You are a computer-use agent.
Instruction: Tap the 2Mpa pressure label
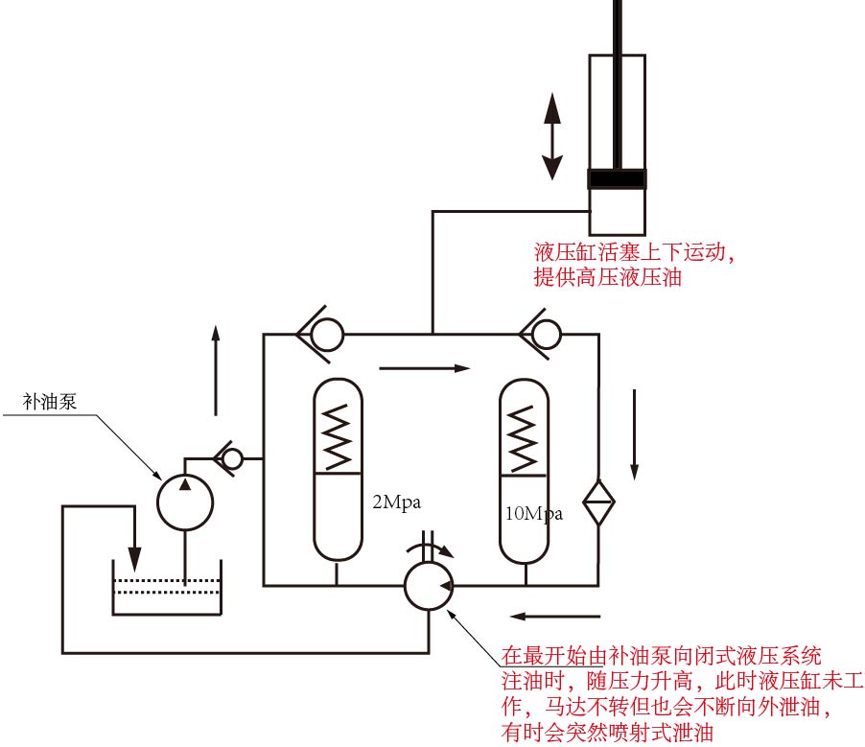[396, 501]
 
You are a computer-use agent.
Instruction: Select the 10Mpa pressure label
[533, 513]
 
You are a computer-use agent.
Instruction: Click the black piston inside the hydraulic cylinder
[617, 178]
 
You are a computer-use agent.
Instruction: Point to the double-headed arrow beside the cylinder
[551, 136]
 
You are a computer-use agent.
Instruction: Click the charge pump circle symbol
[185, 502]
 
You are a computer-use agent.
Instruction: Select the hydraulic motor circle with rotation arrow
[428, 583]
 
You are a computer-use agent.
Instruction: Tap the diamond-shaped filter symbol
[599, 501]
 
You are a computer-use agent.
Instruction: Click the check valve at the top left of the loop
[323, 335]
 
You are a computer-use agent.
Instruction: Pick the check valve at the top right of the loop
[542, 335]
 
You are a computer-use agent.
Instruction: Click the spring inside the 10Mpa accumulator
[524, 436]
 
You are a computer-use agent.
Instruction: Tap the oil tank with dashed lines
[168, 587]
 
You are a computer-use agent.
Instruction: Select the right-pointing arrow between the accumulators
[425, 367]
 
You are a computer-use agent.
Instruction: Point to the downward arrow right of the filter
[634, 432]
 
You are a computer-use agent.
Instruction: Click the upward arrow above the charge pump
[215, 370]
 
